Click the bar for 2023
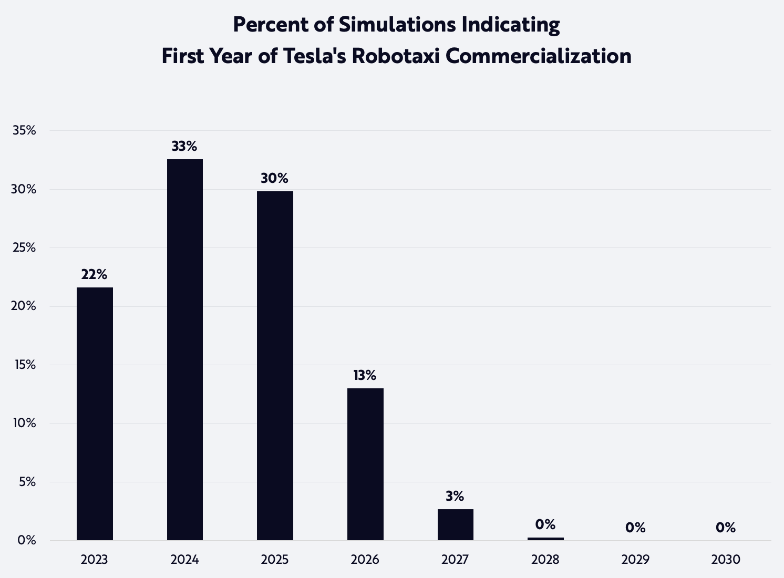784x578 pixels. point(95,414)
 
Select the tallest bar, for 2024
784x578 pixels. point(185,349)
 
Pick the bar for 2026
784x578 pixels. point(365,464)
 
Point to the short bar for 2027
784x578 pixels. point(455,524)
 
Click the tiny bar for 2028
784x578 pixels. point(545,539)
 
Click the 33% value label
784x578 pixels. point(184,146)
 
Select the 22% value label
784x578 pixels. point(94,274)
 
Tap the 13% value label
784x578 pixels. point(365,375)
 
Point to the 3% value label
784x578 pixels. point(455,496)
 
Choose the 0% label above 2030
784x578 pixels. point(726,528)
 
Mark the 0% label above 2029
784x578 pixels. point(635,528)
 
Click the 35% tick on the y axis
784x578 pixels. point(24,130)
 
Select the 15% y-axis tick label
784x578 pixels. point(24,365)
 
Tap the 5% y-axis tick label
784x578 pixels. point(27,482)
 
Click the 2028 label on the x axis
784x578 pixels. point(545,559)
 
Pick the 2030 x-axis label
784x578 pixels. point(726,559)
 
